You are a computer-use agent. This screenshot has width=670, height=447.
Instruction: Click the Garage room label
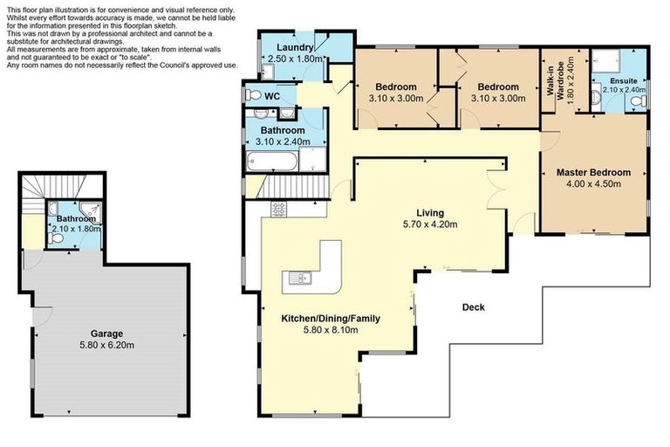tap(107, 334)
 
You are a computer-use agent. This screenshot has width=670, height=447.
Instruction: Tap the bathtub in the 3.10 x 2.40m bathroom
tap(271, 160)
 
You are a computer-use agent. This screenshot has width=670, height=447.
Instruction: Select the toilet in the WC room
tap(252, 94)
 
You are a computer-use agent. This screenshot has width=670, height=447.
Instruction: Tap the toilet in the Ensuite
tap(638, 102)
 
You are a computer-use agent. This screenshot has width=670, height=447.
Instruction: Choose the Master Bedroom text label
tap(593, 173)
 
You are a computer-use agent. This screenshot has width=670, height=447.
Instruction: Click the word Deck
tap(473, 307)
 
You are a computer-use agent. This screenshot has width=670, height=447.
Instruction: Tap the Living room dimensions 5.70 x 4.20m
tap(430, 224)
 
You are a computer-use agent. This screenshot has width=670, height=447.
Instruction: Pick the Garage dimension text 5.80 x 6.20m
tap(107, 345)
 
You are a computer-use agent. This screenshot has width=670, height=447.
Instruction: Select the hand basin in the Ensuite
tap(599, 98)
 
